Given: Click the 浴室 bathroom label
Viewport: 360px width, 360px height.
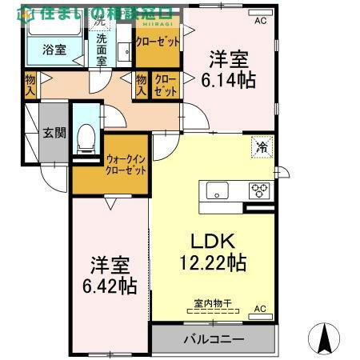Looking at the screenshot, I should pos(54,50).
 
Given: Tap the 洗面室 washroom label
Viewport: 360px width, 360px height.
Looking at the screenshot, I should pos(102,49).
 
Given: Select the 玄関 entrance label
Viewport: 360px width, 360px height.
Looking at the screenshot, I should pos(54,134).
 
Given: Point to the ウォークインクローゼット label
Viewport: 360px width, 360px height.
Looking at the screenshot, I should pos(126,165).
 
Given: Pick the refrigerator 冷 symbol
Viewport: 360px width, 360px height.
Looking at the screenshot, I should pos(262,146).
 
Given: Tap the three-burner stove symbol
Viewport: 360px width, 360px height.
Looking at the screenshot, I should pos(261,190).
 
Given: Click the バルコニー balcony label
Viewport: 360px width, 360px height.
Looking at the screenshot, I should pos(214,339).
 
